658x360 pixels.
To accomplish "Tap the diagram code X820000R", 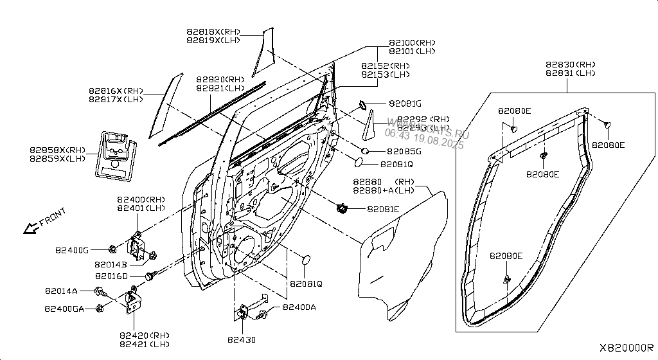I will coord(627,347).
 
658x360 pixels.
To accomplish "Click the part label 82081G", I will coord(405,104).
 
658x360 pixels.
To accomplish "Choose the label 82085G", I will coord(404,152).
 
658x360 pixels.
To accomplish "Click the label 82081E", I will coord(384,209).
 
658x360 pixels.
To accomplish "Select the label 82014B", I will coord(111,264).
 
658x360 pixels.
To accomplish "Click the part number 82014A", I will coord(61,291).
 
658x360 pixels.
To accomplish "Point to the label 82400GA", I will coord(64,309).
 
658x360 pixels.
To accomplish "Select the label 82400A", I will coord(299,307).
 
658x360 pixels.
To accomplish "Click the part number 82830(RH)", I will coord(571,65).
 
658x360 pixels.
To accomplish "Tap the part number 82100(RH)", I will coord(412,42).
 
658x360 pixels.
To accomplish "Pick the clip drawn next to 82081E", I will coord(342,208).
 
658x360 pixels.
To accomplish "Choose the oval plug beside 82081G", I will coord(362,103).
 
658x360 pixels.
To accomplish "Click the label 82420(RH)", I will coord(144,335).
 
